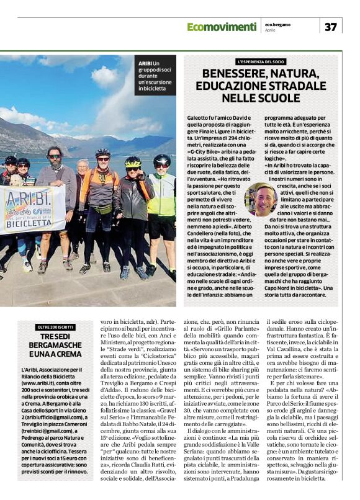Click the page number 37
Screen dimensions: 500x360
pyautogui.click(x=330, y=27)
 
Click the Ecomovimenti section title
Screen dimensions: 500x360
pyautogui.click(x=222, y=27)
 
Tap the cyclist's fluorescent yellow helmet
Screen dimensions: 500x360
pyautogui.click(x=133, y=161)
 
